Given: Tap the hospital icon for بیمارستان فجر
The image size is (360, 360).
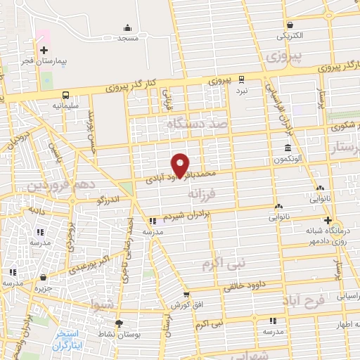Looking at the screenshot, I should [x=44, y=50].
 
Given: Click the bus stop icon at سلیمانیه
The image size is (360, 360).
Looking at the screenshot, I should [x=65, y=95].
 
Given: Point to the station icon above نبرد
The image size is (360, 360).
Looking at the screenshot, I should [x=241, y=79].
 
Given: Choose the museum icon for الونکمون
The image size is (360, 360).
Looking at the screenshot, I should [x=289, y=148].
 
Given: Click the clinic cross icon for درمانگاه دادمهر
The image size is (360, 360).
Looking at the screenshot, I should [x=328, y=220].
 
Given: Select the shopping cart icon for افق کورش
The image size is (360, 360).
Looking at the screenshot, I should [x=186, y=295].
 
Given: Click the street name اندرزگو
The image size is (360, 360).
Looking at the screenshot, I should [x=110, y=200].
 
